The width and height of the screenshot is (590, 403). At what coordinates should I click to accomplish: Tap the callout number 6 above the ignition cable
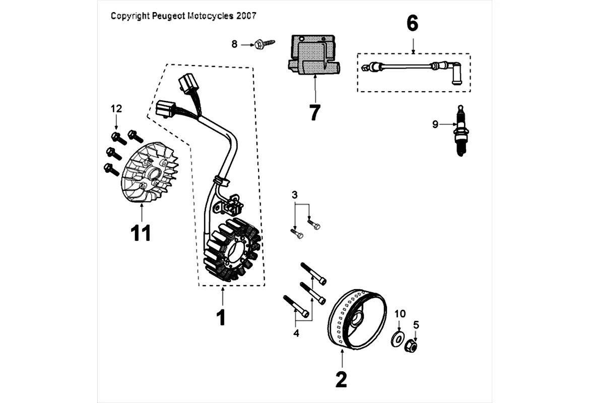(x=412, y=23)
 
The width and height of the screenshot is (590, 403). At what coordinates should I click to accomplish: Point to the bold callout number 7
(x=315, y=113)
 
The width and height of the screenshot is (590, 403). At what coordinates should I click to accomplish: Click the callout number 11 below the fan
(x=141, y=234)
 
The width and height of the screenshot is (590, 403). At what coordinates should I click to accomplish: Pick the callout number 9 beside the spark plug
(x=435, y=124)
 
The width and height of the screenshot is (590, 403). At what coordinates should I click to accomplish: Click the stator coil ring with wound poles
(x=231, y=250)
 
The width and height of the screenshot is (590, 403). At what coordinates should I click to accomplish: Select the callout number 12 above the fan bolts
(x=116, y=108)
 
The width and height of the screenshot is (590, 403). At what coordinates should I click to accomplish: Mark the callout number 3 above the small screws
(x=295, y=194)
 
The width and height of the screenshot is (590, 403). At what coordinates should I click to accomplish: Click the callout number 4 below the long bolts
(x=296, y=333)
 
